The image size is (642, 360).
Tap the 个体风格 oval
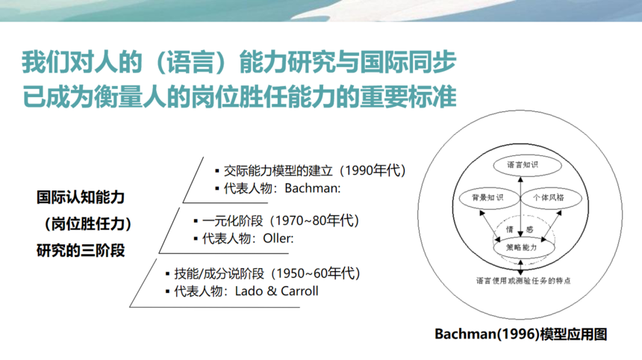point(551,198)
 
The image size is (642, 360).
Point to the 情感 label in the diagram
point(519,229)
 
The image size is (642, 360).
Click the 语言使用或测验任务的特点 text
point(523,281)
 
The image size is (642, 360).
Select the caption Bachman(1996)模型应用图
point(521,334)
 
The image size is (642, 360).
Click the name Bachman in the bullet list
point(311,188)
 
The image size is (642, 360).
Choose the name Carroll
point(299,291)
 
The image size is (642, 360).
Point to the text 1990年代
point(373,170)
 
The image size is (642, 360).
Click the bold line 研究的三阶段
point(81,250)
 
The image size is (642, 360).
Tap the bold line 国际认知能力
point(81,197)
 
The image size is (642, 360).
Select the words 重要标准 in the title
point(408,96)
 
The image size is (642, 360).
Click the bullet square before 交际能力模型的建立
point(217,171)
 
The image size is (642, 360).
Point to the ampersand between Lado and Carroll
point(272,291)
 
